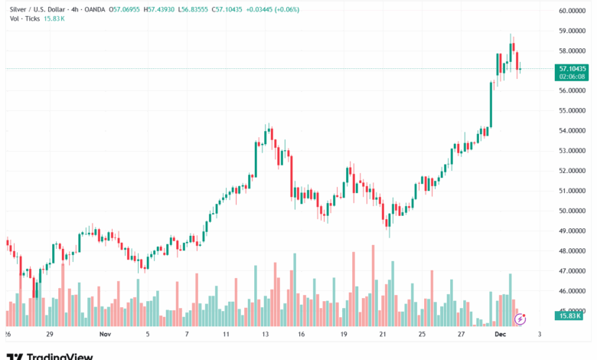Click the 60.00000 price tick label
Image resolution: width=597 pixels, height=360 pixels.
click(573, 11)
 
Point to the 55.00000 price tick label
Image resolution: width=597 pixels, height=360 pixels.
click(573, 110)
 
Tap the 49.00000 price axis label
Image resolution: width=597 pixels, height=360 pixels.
click(573, 231)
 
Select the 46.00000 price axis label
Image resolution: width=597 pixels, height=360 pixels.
click(573, 291)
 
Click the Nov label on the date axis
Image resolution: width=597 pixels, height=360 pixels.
click(106, 335)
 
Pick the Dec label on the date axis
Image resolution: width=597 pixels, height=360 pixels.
click(501, 335)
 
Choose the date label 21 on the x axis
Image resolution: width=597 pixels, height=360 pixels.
click(383, 335)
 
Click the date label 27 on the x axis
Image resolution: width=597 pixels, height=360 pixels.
click(461, 335)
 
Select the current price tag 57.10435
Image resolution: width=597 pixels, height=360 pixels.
click(573, 68)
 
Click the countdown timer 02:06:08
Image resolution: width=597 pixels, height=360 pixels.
click(573, 77)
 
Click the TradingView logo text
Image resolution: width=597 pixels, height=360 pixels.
click(60, 356)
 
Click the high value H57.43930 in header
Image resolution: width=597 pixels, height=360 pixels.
click(161, 9)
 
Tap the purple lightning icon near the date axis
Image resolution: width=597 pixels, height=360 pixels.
click(520, 317)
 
